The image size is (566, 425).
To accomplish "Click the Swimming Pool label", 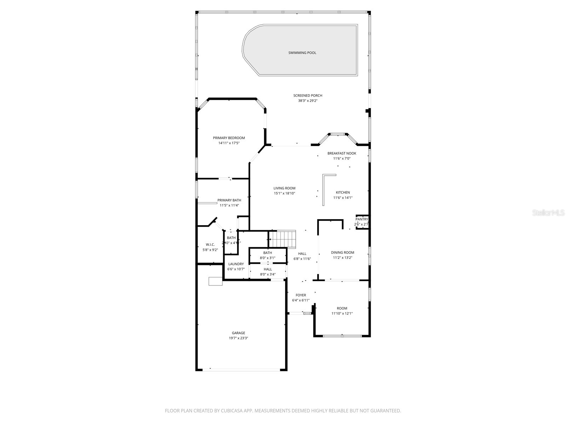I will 302,53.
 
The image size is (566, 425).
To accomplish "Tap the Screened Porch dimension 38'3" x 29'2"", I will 307,101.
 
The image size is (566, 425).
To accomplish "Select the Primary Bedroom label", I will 229,138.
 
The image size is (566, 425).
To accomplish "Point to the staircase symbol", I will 282,239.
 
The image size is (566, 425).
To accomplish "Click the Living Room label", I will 284,188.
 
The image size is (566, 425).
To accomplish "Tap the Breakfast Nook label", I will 341,153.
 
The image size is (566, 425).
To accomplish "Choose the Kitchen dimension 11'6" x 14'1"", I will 342,198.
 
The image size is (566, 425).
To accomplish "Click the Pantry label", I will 362,219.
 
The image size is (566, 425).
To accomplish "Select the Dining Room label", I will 342,253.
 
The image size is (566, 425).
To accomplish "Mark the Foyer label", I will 301,295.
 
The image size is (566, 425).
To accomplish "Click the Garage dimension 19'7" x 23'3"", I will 238,338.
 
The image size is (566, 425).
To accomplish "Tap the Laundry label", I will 236,264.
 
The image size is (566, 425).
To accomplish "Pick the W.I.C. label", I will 210,244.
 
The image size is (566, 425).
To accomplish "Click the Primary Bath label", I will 229,200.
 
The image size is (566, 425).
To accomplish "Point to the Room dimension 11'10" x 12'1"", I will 342,313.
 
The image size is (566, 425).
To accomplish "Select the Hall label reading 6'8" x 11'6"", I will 302,259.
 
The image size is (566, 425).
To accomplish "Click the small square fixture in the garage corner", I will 215,281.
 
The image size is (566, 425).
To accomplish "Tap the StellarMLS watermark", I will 548,212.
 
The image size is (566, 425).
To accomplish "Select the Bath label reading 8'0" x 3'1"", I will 267,258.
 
